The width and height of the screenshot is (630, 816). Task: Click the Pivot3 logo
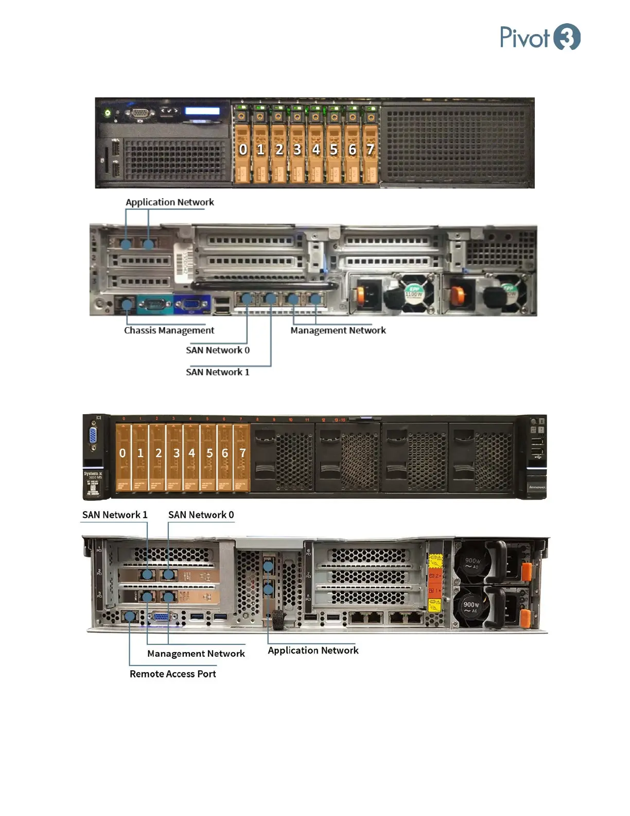click(x=540, y=37)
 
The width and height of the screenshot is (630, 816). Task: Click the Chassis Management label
click(x=169, y=330)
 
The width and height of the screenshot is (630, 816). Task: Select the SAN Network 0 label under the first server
click(x=218, y=350)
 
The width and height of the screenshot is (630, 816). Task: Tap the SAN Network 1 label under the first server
click(x=218, y=372)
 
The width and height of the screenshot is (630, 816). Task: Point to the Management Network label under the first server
click(x=338, y=330)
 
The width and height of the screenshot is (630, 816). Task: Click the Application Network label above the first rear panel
click(x=170, y=202)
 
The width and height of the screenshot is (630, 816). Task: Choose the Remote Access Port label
click(x=172, y=674)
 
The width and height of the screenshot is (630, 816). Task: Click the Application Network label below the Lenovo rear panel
click(x=313, y=650)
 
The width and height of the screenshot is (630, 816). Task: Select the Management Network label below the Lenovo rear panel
click(x=196, y=653)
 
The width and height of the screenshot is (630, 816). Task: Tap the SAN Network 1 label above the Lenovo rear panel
click(x=115, y=515)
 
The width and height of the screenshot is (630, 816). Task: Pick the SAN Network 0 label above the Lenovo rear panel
click(x=201, y=515)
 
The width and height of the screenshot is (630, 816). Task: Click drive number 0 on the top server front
click(x=243, y=149)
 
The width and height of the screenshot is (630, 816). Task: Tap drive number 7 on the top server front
click(x=370, y=149)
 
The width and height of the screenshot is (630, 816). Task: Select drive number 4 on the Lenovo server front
click(x=192, y=453)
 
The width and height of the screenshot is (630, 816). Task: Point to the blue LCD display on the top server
click(x=202, y=111)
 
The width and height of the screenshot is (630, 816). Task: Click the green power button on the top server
click(x=107, y=112)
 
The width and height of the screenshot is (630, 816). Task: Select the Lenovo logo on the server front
click(x=537, y=487)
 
